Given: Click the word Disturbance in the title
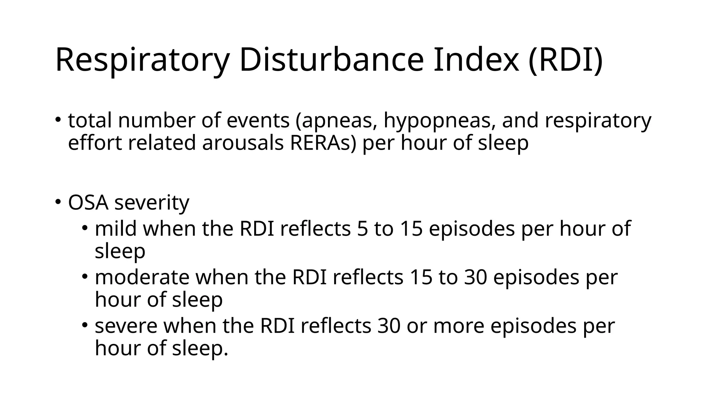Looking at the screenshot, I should pyautogui.click(x=331, y=60).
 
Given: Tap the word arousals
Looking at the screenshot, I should pyautogui.click(x=243, y=143).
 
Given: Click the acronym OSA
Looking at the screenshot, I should pyautogui.click(x=88, y=202).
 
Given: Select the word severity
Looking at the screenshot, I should pyautogui.click(x=152, y=203).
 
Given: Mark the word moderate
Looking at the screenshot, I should pyautogui.click(x=142, y=277).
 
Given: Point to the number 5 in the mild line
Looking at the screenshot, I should pyautogui.click(x=362, y=229).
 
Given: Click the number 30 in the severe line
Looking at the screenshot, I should pyautogui.click(x=389, y=327).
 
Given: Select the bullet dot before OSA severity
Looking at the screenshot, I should pyautogui.click(x=58, y=202).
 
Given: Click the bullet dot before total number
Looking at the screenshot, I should pyautogui.click(x=58, y=120).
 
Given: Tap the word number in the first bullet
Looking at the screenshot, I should pyautogui.click(x=156, y=121).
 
